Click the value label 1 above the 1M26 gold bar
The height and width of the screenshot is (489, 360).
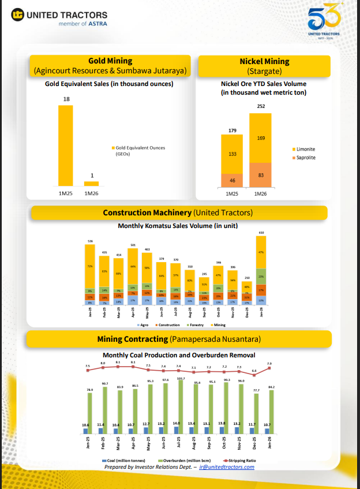coord(91,176)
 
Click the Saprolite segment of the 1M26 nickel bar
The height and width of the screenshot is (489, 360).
coord(260,174)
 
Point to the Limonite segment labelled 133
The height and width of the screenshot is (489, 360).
coord(232,154)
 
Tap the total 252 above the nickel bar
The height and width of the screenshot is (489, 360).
coord(261,106)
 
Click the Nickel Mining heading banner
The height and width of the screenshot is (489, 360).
coord(264,66)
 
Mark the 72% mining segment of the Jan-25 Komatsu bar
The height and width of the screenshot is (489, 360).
coord(89,266)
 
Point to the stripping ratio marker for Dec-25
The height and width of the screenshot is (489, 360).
coord(254,375)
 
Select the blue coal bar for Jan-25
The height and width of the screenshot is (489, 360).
coord(85,430)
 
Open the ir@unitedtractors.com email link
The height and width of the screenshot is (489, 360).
coord(226,466)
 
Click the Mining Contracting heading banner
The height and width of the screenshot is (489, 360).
coord(180,338)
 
